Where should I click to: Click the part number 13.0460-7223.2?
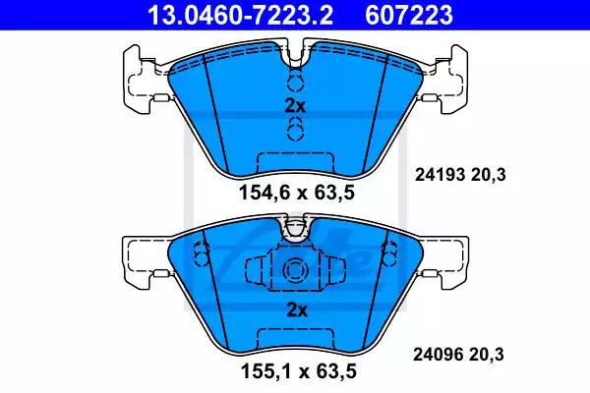[x=240, y=16]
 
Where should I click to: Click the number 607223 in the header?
[x=409, y=16]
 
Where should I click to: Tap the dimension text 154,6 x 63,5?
[x=297, y=193]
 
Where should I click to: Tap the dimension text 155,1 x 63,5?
[x=298, y=371]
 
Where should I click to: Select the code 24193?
[x=439, y=175]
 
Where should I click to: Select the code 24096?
[x=438, y=355]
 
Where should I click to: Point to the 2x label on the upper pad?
[x=295, y=107]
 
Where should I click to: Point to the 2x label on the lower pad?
[x=297, y=310]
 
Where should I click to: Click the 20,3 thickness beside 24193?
[x=488, y=175]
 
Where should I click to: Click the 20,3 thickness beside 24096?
[x=486, y=355]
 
